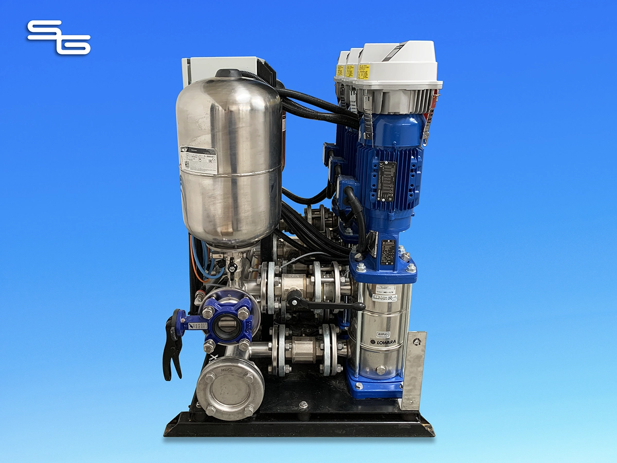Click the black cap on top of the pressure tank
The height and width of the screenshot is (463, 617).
point(228,74)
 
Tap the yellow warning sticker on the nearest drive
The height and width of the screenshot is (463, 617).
point(364,72)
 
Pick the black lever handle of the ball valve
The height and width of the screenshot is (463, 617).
point(329,305)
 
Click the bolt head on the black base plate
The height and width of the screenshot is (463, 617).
point(303,405)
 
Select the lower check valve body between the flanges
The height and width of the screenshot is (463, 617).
point(303,349)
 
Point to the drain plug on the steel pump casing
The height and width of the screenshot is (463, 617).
point(380,370)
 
